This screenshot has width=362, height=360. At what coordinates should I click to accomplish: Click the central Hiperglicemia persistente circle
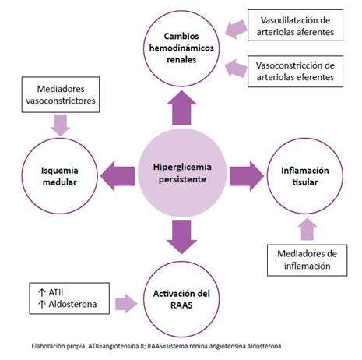pyautogui.click(x=182, y=173)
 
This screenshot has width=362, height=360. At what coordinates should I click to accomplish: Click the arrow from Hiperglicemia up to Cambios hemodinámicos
pyautogui.click(x=181, y=108)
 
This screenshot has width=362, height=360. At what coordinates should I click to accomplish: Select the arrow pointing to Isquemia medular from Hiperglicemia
pyautogui.click(x=118, y=176)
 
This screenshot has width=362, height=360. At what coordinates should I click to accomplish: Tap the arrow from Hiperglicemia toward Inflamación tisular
pyautogui.click(x=247, y=176)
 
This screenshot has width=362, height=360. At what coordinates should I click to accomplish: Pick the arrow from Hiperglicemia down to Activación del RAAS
pyautogui.click(x=181, y=237)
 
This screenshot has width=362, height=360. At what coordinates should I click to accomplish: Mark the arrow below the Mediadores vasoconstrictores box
pyautogui.click(x=61, y=125)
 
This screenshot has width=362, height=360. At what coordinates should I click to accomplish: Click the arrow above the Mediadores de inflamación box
pyautogui.click(x=307, y=229)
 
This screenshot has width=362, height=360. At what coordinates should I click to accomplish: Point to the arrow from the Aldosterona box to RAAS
pyautogui.click(x=126, y=303)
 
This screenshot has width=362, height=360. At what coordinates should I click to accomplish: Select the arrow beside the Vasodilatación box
pyautogui.click(x=236, y=29)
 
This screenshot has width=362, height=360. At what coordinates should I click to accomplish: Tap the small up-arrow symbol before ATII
pyautogui.click(x=42, y=292)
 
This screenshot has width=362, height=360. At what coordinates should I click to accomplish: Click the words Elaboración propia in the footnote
pyautogui.click(x=58, y=346)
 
